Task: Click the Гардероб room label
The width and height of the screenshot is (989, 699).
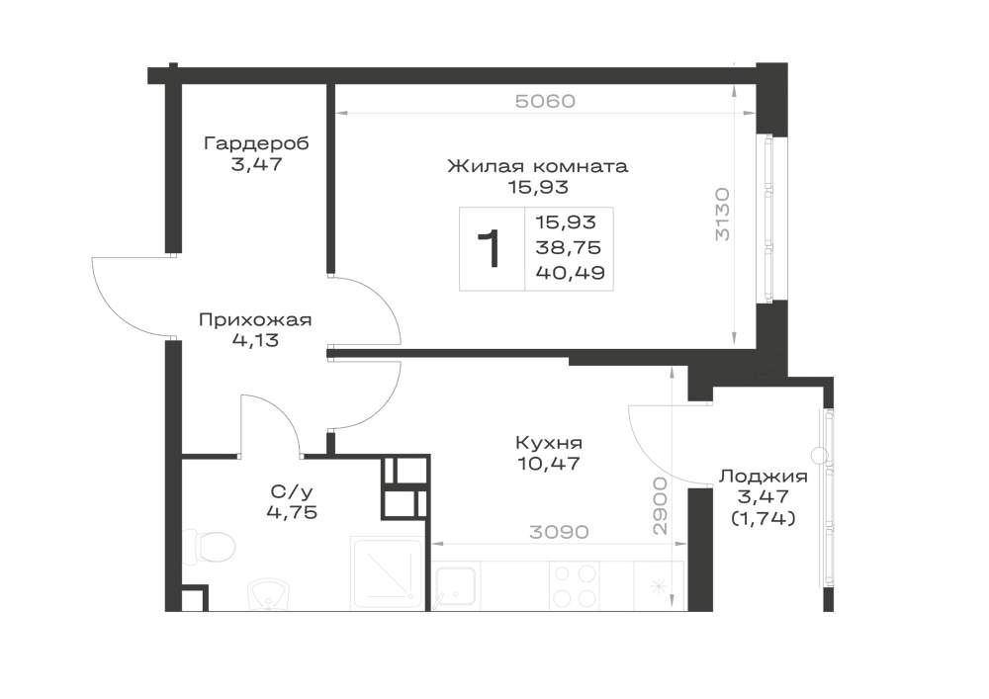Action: tap(257, 143)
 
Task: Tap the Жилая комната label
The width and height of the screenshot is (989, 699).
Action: tap(538, 166)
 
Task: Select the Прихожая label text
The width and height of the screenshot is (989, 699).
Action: tap(255, 320)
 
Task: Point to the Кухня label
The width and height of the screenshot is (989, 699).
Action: tap(549, 443)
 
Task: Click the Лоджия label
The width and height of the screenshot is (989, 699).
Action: tap(764, 477)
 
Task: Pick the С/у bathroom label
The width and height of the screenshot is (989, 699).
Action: tap(292, 491)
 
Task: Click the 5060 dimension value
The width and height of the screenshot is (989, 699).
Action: tap(546, 102)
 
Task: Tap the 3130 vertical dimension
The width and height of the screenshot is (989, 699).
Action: tap(723, 214)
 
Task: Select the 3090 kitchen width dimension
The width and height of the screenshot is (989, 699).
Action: tap(559, 532)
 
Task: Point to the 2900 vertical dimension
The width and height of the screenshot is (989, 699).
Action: tap(660, 506)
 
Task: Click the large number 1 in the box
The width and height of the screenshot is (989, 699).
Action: tap(491, 249)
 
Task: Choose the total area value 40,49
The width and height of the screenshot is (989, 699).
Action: tap(571, 273)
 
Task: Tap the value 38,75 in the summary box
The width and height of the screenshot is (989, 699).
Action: tap(569, 248)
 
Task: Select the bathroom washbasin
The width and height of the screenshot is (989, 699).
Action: tap(267, 594)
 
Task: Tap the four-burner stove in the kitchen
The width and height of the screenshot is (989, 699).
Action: tap(574, 585)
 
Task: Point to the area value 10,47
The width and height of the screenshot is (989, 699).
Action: tap(549, 465)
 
